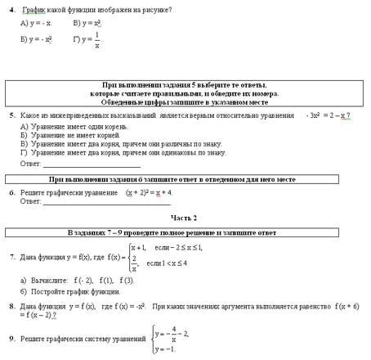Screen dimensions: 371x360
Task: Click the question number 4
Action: tap(12, 9)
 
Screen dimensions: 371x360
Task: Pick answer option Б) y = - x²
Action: tap(37, 39)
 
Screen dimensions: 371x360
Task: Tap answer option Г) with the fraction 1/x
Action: tap(87, 39)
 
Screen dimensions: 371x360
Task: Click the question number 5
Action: tap(12, 115)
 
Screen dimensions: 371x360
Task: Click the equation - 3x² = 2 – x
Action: tap(328, 115)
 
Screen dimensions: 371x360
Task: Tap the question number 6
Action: tap(12, 192)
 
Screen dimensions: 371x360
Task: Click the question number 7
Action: tap(12, 257)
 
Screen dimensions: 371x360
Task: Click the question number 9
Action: tap(12, 339)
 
